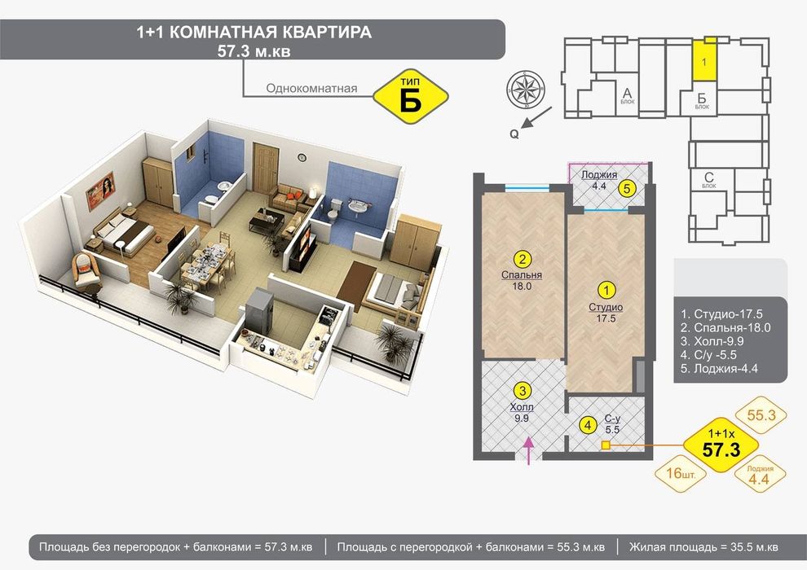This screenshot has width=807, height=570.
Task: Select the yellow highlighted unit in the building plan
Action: pyautogui.click(x=705, y=60)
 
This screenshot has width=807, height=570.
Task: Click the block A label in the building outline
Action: pyautogui.click(x=628, y=94)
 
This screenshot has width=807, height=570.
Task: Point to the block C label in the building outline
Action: pyautogui.click(x=708, y=178)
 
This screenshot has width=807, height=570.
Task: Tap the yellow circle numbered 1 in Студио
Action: pyautogui.click(x=606, y=289)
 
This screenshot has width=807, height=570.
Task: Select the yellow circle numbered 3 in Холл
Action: pyautogui.click(x=524, y=390)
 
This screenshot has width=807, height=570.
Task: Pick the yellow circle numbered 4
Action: pyautogui.click(x=585, y=423)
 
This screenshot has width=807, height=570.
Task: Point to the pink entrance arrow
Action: pyautogui.click(x=527, y=449)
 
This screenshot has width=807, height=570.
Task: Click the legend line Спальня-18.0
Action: pyautogui.click(x=725, y=328)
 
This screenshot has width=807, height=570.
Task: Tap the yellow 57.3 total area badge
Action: pyautogui.click(x=721, y=445)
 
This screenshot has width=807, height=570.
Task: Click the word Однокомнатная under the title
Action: pyautogui.click(x=311, y=89)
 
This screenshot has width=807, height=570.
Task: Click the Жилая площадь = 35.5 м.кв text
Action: pyautogui.click(x=703, y=546)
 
